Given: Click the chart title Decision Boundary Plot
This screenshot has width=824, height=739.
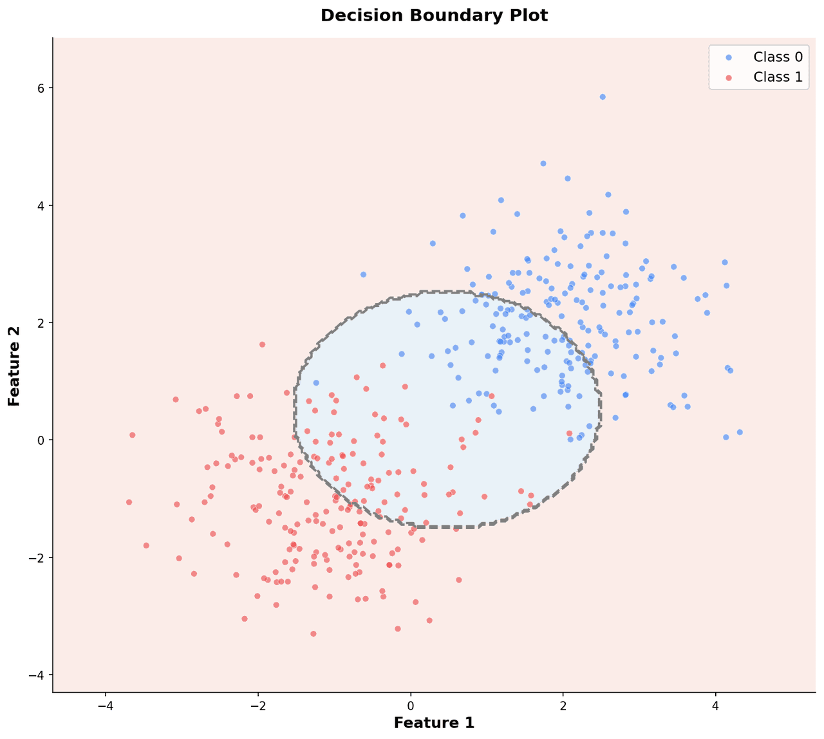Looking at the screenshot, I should coord(434,15).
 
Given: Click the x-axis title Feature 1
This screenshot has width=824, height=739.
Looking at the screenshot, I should coord(434,723).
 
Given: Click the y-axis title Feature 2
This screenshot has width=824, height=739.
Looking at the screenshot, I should coord(14,366).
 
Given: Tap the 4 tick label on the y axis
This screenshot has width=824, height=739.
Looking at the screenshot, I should coord(40,206).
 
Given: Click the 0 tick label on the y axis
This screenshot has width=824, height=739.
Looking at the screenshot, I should coord(40,440).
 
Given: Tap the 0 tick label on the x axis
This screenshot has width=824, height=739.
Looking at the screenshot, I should coord(411,704).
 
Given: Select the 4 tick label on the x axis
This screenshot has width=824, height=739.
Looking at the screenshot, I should coord(715,704).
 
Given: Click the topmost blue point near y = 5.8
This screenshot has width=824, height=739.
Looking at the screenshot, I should coord(603,97).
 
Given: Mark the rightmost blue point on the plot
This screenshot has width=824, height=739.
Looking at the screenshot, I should coord(740,432).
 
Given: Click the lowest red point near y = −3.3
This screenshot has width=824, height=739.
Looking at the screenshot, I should coord(314,633).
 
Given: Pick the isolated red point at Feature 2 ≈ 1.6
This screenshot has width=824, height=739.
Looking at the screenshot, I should coord(262,344).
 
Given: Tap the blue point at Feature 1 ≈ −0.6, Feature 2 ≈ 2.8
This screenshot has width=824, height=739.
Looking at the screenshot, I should coord(363,274).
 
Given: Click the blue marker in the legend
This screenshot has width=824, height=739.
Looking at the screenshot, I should coord(728,57).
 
